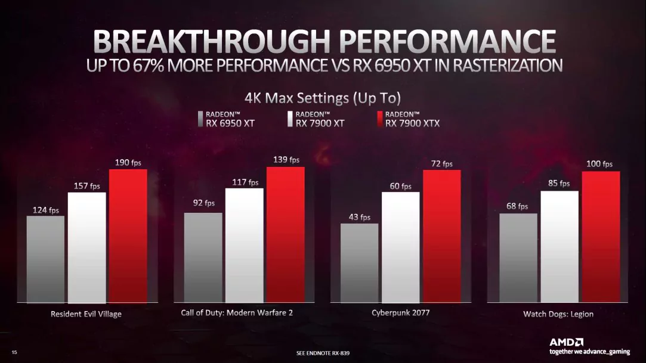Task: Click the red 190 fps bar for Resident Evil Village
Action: (128, 235)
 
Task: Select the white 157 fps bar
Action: (86, 247)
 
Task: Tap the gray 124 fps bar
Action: (45, 259)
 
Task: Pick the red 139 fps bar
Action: (285, 234)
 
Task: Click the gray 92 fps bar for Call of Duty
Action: (203, 257)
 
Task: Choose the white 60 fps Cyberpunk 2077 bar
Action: (400, 247)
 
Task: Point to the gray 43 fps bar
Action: (359, 262)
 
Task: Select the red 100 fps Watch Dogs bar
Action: (601, 237)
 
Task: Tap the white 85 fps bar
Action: (560, 246)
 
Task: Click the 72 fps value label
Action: (442, 164)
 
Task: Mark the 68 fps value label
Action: (517, 207)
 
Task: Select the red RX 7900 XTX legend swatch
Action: (380, 119)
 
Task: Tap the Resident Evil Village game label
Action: (86, 314)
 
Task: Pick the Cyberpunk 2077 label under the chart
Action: (400, 312)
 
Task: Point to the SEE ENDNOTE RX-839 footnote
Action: (323, 353)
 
